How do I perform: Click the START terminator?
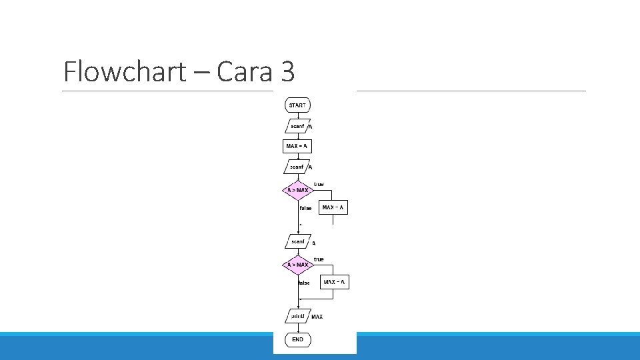pyautogui.click(x=297, y=105)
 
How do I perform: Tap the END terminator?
pyautogui.click(x=297, y=339)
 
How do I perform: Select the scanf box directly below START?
pyautogui.click(x=297, y=126)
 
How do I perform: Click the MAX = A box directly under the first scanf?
pyautogui.click(x=297, y=146)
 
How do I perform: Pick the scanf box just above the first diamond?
pyautogui.click(x=297, y=167)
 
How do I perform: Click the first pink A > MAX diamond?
pyautogui.click(x=298, y=190)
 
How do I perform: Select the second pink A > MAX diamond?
pyautogui.click(x=298, y=265)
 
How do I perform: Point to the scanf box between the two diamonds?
pyautogui.click(x=297, y=241)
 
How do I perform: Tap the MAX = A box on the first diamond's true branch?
pyautogui.click(x=333, y=208)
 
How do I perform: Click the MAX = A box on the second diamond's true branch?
pyautogui.click(x=335, y=282)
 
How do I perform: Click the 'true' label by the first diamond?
pyautogui.click(x=319, y=184)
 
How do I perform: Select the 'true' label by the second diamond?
pyautogui.click(x=319, y=259)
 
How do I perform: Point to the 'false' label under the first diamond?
pyautogui.click(x=305, y=208)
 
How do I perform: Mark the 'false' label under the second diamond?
pyautogui.click(x=304, y=283)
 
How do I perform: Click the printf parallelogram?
pyautogui.click(x=297, y=315)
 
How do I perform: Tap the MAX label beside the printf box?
pyautogui.click(x=317, y=317)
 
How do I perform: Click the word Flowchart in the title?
pyautogui.click(x=125, y=71)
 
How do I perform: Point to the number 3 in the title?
pyautogui.click(x=288, y=71)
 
